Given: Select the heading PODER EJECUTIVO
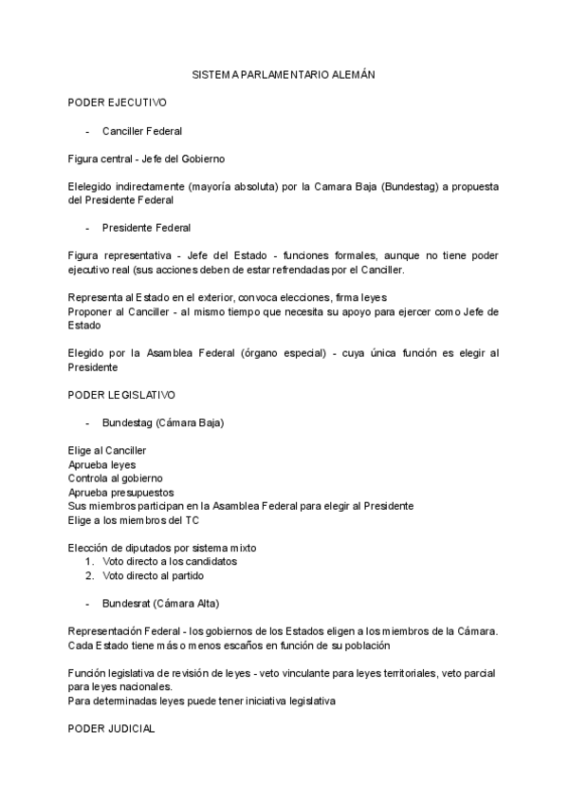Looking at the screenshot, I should [118, 101].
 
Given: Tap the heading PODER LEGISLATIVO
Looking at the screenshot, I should [121, 393].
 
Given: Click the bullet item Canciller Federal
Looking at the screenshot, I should [142, 130].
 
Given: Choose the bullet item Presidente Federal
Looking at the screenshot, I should [146, 228].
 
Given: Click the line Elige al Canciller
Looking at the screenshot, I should [107, 450].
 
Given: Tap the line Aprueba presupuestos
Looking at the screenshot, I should [120, 493].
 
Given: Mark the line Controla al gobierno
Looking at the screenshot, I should [115, 478].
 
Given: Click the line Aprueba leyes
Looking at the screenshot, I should [101, 464].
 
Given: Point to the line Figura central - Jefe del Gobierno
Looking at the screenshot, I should [146, 159].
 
